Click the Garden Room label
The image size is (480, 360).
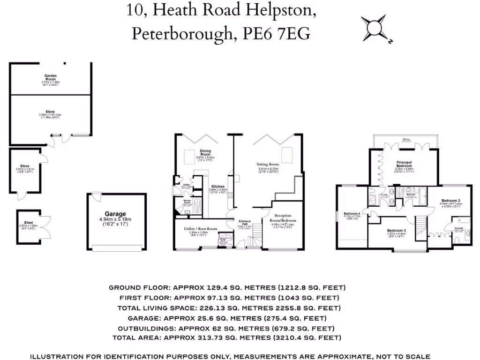50,77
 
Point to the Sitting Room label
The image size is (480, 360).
268,165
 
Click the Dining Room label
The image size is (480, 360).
205,152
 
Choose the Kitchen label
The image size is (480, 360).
217,186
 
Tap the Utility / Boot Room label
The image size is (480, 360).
201,229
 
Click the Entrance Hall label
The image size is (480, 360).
245,222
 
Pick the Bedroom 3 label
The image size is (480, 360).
396,230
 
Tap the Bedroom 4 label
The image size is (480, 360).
352,212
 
